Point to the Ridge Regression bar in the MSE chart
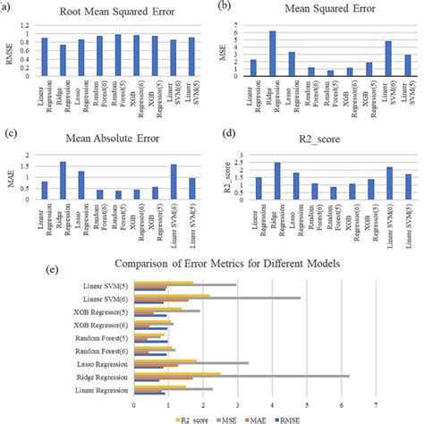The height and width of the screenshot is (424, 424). pyautogui.click(x=273, y=54)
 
